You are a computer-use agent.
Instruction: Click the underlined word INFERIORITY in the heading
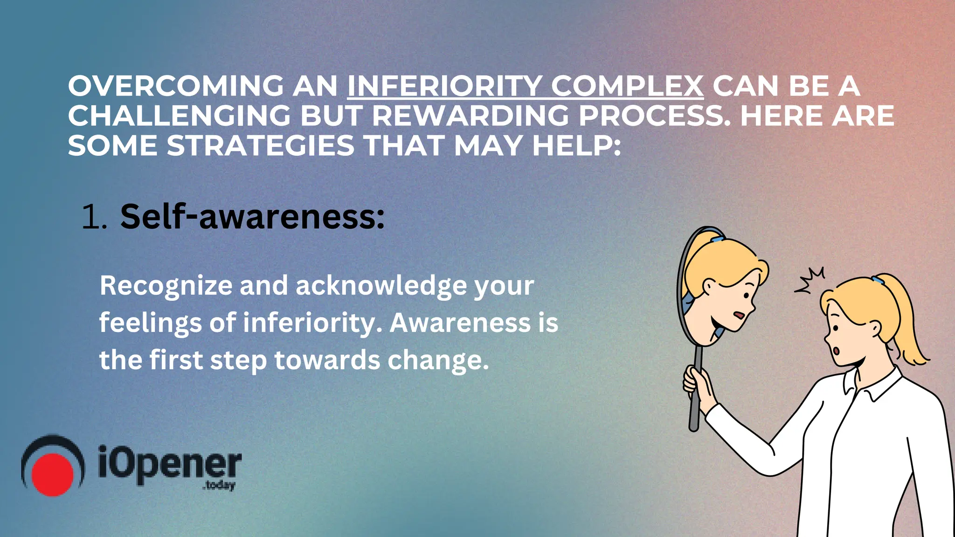coord(444,86)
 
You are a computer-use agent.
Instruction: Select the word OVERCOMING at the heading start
coord(176,86)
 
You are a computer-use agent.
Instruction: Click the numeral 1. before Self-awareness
coord(95,217)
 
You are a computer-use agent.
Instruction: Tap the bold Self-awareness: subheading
coord(252,217)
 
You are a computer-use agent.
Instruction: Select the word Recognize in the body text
coord(166,286)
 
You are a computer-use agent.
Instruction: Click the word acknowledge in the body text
coord(381,286)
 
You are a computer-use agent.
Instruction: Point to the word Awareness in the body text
coord(460,323)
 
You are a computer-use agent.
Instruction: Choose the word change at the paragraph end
coord(438,360)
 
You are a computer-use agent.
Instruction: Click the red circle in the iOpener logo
coord(53,474)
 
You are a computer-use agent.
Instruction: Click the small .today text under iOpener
coord(219,486)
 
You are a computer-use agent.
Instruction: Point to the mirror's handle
coord(696,392)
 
